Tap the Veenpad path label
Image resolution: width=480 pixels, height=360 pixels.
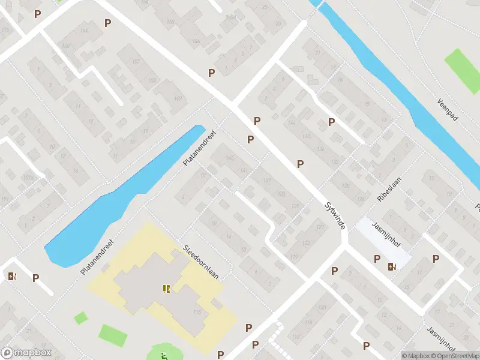[x=448, y=110]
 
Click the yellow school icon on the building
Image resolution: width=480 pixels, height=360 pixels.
[x=166, y=289]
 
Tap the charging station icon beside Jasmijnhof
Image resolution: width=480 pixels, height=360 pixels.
[x=392, y=266]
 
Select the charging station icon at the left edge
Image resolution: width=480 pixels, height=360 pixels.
[x=11, y=277]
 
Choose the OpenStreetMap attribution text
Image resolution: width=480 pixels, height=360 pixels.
[x=454, y=356]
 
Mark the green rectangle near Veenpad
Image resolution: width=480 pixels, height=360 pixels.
[x=458, y=65]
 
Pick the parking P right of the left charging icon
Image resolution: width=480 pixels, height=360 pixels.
[x=36, y=278]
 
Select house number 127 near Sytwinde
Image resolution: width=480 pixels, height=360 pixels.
[x=320, y=227]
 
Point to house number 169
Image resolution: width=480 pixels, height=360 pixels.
[x=177, y=98]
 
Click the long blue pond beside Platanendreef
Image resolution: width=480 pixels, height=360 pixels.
[x=120, y=198]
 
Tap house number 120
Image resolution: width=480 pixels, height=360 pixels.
[x=322, y=308]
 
